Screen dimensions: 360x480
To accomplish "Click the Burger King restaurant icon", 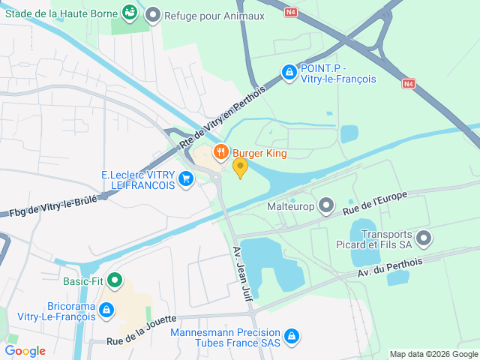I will coord(220,153).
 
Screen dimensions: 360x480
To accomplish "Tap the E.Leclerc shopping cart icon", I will coord(186,178).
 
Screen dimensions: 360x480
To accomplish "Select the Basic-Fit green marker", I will coord(115,281).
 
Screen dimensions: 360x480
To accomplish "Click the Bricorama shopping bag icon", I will coord(106,310).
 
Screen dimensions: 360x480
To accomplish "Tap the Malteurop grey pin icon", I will coord(325,205).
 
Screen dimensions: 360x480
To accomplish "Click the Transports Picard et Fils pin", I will coord(424,239).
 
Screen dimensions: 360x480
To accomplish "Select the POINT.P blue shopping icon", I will coord(288,72).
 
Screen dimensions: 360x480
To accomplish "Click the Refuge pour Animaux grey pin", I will coord(153,14).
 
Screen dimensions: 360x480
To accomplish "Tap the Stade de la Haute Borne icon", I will coord(130,12).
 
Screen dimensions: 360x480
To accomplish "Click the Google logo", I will coord(25,351).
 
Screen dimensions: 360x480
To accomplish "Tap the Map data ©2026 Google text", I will coord(433,354).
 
